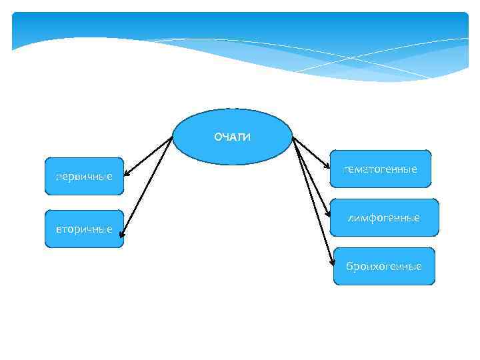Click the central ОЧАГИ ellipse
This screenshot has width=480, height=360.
pyautogui.click(x=233, y=137)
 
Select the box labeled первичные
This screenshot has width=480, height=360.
pyautogui.click(x=84, y=176)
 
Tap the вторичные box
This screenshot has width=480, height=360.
pyautogui.click(x=84, y=229)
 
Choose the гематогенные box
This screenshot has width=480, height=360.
pyautogui.click(x=381, y=169)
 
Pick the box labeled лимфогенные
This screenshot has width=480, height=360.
pyautogui.click(x=385, y=217)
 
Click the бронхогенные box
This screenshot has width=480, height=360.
pyautogui.click(x=383, y=267)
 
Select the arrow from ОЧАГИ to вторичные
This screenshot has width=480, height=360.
pyautogui.click(x=148, y=183)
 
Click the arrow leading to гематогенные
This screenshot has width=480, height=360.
pyautogui.click(x=311, y=152)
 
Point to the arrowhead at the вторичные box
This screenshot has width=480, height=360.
pyautogui.click(x=122, y=233)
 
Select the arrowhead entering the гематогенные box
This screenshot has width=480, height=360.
pyautogui.click(x=328, y=167)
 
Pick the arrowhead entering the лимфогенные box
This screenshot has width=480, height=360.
pyautogui.click(x=329, y=215)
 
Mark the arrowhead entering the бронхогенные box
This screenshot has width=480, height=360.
pyautogui.click(x=332, y=264)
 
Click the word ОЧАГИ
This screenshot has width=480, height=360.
pyautogui.click(x=233, y=137)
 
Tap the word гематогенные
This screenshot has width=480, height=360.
pyautogui.click(x=381, y=169)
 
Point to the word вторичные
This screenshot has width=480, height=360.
pyautogui.click(x=84, y=229)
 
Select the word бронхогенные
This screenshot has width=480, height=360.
pyautogui.click(x=383, y=267)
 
